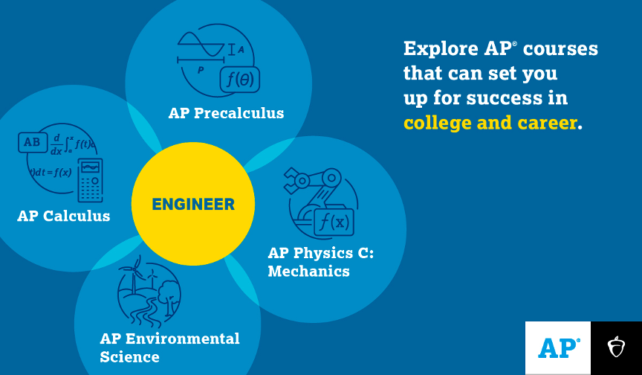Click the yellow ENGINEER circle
(x=193, y=204)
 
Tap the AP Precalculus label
(x=226, y=113)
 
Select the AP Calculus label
(x=63, y=216)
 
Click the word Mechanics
(x=308, y=272)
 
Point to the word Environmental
(x=183, y=339)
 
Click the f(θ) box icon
(x=239, y=79)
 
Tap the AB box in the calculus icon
(x=33, y=142)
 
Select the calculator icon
(x=90, y=180)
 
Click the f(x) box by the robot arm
(x=334, y=222)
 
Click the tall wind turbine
(x=134, y=275)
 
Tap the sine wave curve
(x=201, y=44)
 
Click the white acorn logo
(x=616, y=347)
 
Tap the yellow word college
(x=438, y=124)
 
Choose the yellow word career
(x=548, y=124)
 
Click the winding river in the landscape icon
(x=146, y=312)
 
